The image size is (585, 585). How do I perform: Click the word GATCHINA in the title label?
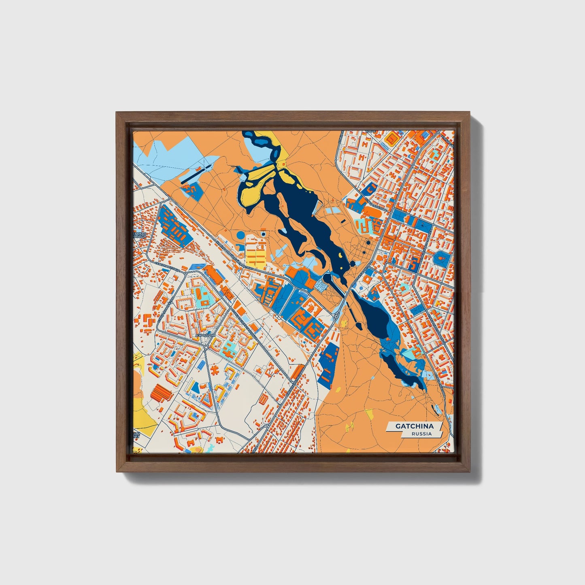pos(414,426)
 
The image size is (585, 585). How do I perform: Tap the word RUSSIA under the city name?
pos(421,434)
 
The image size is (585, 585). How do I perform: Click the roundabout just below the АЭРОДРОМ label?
pos(206,347)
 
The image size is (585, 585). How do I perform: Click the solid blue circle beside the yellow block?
pos(241,234)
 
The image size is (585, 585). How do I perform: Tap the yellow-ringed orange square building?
pos(391,139)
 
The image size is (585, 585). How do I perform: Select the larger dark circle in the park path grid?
pos(368,243)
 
